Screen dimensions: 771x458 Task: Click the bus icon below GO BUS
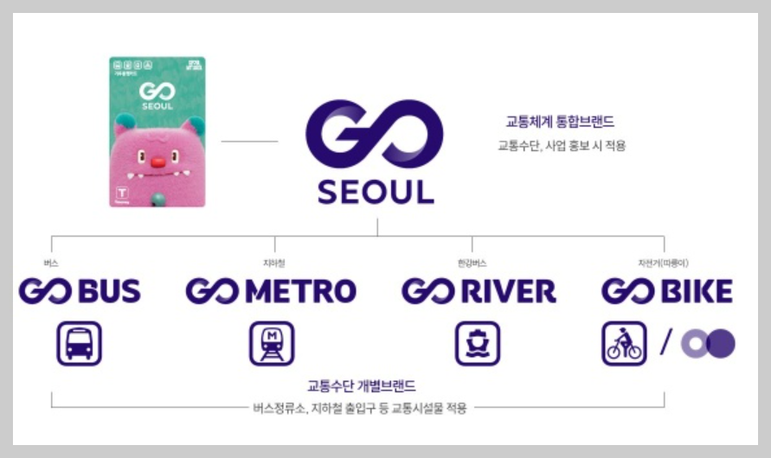coord(80,343)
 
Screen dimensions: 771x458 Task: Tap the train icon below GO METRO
coord(272,343)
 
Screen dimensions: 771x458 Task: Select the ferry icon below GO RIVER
coord(478,343)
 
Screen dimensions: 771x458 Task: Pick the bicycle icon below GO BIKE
coord(624,343)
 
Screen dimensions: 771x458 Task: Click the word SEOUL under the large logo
coord(376,192)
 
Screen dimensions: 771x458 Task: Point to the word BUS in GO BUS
coord(109,291)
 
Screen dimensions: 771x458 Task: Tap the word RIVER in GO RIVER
coord(507,291)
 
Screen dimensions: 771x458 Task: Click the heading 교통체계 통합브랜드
coord(560,123)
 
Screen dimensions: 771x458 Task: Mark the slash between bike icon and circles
coord(665,343)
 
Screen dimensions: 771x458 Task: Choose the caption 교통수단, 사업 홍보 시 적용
coord(561,146)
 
